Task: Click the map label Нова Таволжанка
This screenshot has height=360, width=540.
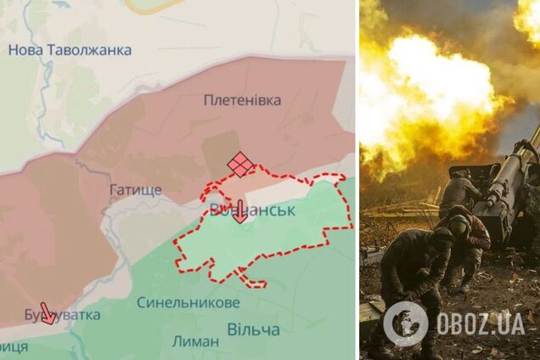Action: click(70, 50)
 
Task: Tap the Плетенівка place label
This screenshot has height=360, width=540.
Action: click(242, 100)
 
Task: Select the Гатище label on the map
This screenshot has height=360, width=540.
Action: click(135, 189)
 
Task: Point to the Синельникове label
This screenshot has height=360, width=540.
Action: click(188, 302)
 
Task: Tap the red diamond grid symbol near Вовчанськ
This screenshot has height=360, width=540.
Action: click(240, 164)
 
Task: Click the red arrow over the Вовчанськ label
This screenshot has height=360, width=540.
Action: click(240, 211)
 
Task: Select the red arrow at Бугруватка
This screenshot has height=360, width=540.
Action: click(48, 313)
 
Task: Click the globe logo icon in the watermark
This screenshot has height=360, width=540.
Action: click(406, 323)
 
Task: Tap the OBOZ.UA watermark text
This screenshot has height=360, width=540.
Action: click(481, 323)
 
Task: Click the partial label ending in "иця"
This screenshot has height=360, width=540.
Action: click(14, 346)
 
